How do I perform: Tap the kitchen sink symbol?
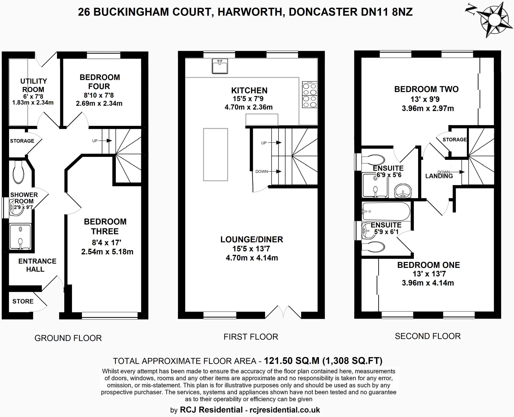coord(220,66)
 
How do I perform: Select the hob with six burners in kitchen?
coord(309,95)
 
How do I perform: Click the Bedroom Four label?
coord(100,82)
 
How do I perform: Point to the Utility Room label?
coord(33,85)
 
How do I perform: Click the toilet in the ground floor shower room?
coord(18,172)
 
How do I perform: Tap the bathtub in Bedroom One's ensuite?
coord(386,211)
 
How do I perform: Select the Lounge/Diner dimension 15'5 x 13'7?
coord(251,249)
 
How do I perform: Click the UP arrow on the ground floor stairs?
coord(109,141)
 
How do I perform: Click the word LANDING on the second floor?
coord(439,176)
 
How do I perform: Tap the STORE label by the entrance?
coord(23,301)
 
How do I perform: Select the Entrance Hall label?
coord(37,265)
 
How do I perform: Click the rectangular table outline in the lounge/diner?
coord(215,154)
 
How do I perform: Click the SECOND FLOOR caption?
coord(427,336)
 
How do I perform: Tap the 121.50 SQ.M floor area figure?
coord(291,361)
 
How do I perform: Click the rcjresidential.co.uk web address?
coord(285,410)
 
